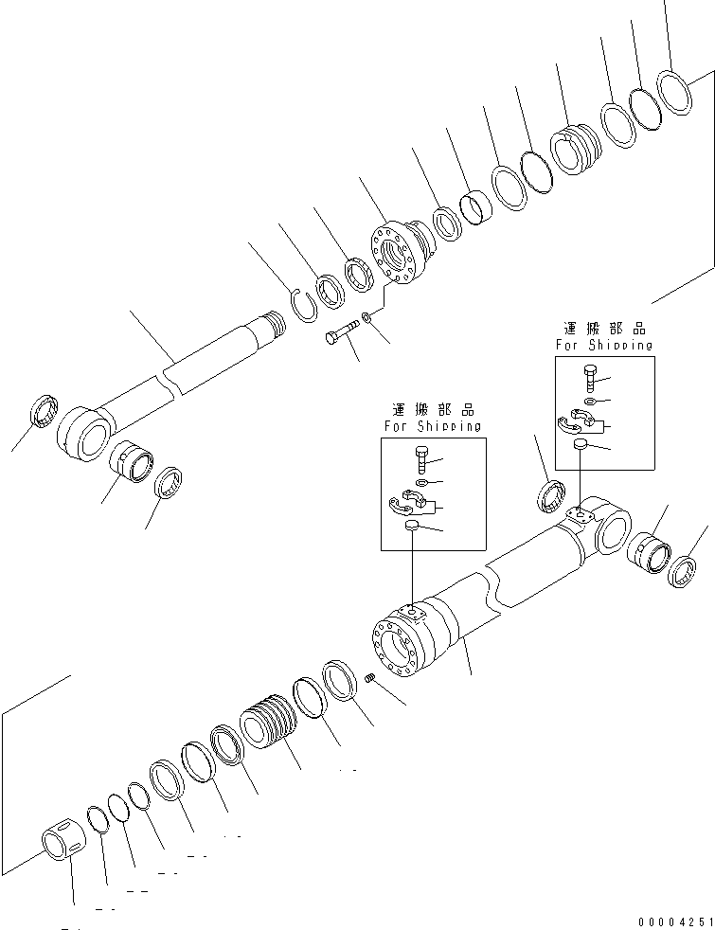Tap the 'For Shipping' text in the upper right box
pyautogui.click(x=604, y=346)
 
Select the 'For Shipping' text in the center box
pyautogui.click(x=432, y=427)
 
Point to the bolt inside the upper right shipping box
pyautogui.click(x=591, y=378)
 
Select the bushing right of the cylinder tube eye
pyautogui.click(x=650, y=551)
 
